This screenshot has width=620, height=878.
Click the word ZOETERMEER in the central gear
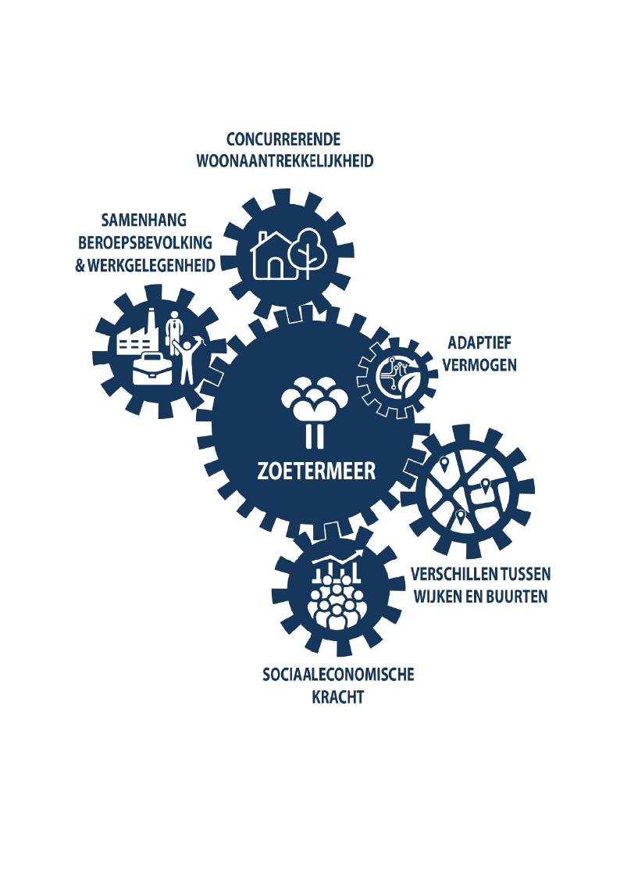[316, 471]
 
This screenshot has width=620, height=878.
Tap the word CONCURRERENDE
[283, 139]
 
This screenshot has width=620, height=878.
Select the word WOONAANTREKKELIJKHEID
[284, 161]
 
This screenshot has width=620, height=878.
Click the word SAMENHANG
[144, 220]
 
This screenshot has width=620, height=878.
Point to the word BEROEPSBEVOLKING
[145, 242]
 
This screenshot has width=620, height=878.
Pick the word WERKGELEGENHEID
[151, 265]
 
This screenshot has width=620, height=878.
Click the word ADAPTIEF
[479, 342]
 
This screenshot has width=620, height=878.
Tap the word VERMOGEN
[479, 365]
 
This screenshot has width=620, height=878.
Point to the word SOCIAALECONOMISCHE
[338, 674]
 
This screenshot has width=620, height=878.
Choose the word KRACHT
[337, 697]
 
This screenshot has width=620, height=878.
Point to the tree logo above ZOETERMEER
[315, 412]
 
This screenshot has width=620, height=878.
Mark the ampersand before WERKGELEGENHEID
[80, 265]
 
